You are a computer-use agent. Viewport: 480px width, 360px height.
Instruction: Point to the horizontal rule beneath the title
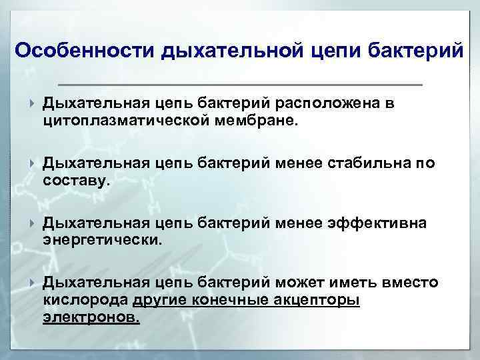pos(241,85)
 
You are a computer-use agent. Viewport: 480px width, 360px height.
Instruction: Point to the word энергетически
pos(101,239)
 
